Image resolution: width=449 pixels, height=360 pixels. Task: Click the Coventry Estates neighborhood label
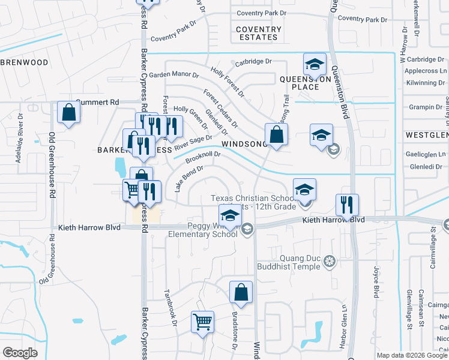point(258,33)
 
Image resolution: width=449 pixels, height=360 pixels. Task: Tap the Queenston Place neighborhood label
point(306,83)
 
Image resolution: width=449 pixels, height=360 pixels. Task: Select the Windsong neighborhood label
point(243,145)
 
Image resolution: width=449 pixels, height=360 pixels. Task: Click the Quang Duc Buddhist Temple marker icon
point(329,261)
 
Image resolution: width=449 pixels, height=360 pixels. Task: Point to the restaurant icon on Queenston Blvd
point(347,205)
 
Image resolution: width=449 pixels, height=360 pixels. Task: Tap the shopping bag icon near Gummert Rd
point(69,112)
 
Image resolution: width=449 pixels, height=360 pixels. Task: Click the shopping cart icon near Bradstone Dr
point(202,321)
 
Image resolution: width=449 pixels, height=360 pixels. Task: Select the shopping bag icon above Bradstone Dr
point(241,292)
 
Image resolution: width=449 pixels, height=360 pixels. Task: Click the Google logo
point(20,353)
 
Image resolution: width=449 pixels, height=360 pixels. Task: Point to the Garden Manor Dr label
point(174,75)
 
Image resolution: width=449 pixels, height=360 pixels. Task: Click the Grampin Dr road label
point(425,107)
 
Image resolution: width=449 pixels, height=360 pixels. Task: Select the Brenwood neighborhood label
point(24,62)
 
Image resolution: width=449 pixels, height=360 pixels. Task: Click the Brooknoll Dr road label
point(203,157)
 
